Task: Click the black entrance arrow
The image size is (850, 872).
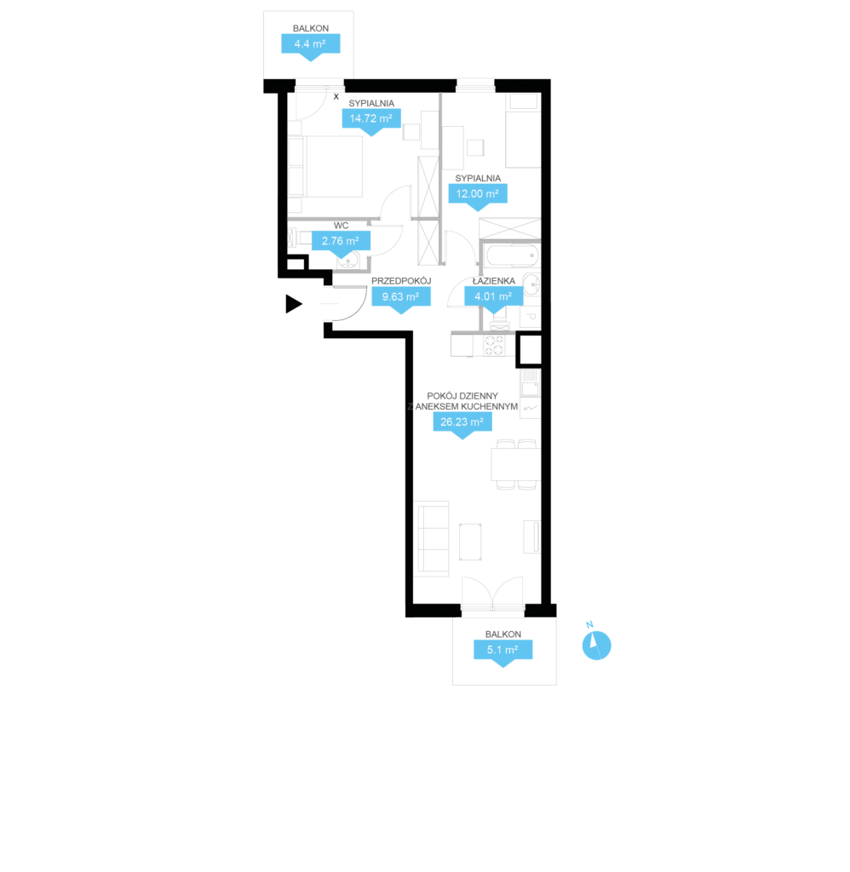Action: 293,304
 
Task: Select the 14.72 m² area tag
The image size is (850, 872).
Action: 371,121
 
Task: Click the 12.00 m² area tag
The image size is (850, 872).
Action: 477,197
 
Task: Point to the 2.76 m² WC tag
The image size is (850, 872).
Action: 341,244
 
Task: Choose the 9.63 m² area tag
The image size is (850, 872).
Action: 400,300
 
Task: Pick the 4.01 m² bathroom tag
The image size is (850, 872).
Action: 493,299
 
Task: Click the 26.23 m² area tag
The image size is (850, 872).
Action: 462,425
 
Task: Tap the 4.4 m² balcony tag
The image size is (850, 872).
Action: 310,47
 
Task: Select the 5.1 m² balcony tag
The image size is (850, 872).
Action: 503,652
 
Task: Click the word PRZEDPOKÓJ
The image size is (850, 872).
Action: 401,281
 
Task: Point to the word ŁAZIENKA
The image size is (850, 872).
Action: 493,281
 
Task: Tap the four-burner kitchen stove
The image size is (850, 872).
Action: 494,345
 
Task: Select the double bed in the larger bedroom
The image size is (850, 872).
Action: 325,166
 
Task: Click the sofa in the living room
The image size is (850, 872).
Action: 432,538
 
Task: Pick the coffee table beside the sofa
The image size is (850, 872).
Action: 470,542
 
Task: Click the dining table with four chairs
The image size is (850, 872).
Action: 516,464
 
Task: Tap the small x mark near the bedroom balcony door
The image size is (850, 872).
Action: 336,97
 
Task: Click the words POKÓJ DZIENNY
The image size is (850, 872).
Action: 462,396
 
